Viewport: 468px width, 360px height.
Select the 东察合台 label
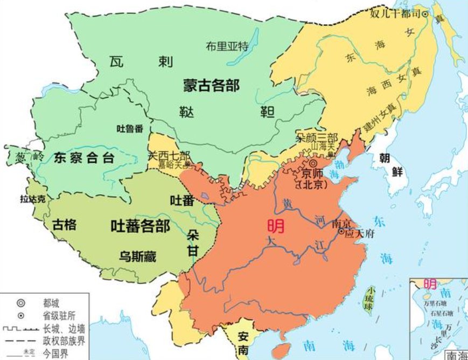point(84,157)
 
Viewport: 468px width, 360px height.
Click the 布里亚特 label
point(227,46)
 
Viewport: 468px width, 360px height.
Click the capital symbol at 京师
point(312,164)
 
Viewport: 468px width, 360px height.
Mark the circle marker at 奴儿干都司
point(424,13)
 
